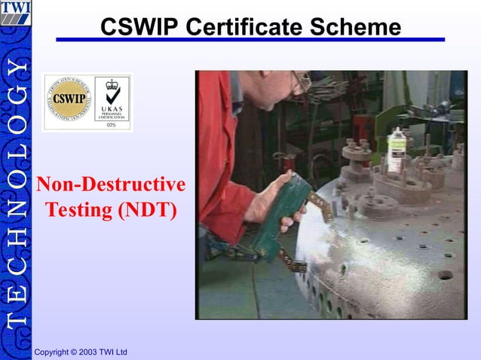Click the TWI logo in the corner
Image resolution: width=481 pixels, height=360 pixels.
[15, 14]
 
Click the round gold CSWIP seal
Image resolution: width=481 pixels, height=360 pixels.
[68, 102]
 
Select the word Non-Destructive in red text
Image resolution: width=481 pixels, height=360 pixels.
[111, 185]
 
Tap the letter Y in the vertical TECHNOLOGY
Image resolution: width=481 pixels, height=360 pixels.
[15, 69]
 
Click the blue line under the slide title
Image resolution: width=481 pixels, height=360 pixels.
[249, 40]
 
